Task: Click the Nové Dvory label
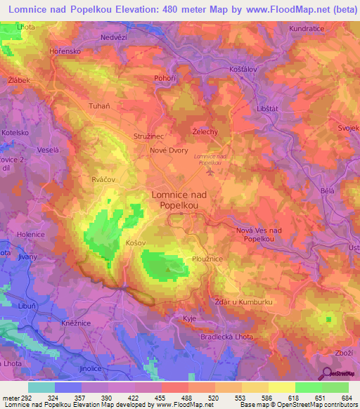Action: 167,150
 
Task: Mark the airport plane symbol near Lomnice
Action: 210,171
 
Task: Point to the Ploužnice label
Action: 208,259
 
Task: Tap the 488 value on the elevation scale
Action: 186,398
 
